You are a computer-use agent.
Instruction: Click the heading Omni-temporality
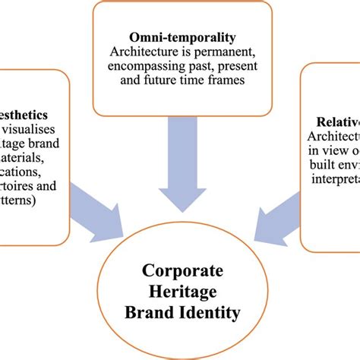click(182, 37)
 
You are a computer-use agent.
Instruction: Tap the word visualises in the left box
click(33, 130)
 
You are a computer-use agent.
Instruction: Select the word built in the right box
click(320, 165)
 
